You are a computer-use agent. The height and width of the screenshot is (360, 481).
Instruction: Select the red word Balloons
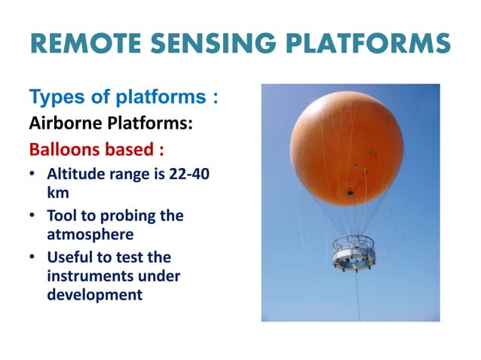[63, 148]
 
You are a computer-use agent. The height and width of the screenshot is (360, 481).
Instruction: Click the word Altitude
[77, 175]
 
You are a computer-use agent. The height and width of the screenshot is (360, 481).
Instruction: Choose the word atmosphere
[89, 233]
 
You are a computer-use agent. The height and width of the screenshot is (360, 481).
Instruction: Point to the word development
[94, 294]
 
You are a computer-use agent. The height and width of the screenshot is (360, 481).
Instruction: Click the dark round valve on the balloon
[349, 193]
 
